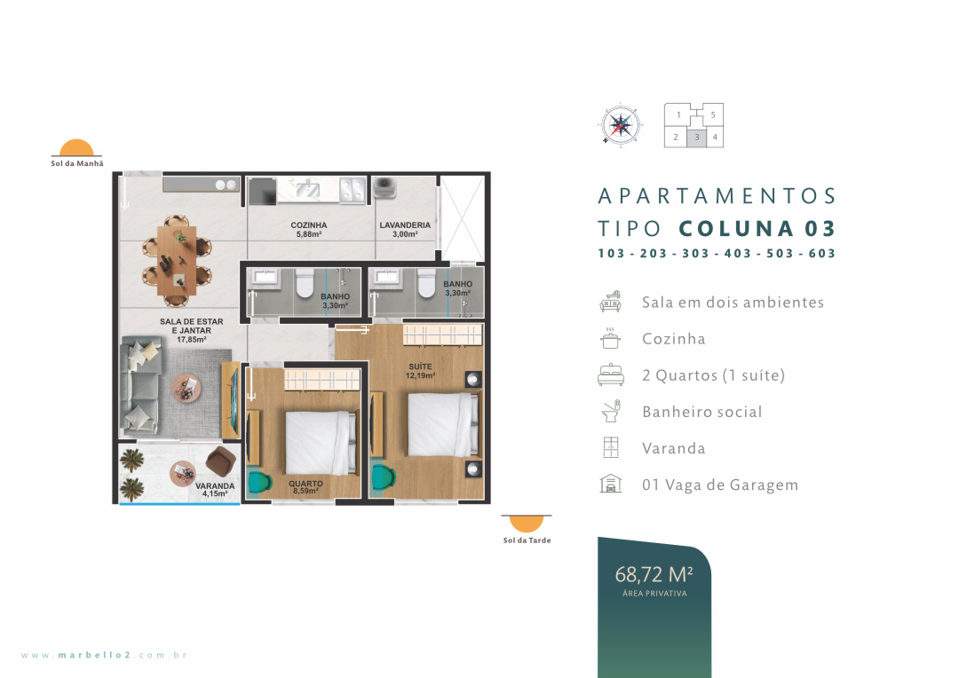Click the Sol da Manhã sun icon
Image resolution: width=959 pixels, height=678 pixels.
point(76,148)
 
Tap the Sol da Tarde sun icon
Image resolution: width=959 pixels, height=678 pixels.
point(527,524)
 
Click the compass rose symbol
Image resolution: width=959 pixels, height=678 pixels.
point(620,125)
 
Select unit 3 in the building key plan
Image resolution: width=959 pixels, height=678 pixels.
point(697,138)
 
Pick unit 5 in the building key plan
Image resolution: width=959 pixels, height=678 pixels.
point(712,115)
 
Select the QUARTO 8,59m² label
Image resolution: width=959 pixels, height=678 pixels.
point(305,487)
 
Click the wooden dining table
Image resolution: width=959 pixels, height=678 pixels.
point(177,260)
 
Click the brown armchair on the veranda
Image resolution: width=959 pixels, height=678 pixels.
point(221,461)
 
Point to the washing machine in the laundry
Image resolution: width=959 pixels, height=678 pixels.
point(384,187)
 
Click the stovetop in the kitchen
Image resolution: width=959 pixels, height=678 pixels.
point(353,190)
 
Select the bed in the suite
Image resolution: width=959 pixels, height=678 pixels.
point(443,424)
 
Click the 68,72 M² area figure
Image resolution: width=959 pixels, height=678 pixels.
point(654,575)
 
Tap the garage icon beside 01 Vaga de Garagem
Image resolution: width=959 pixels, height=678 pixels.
point(610,484)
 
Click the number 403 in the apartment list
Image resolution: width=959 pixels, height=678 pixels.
point(738,253)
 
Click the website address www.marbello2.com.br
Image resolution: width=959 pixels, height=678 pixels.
point(104,655)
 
